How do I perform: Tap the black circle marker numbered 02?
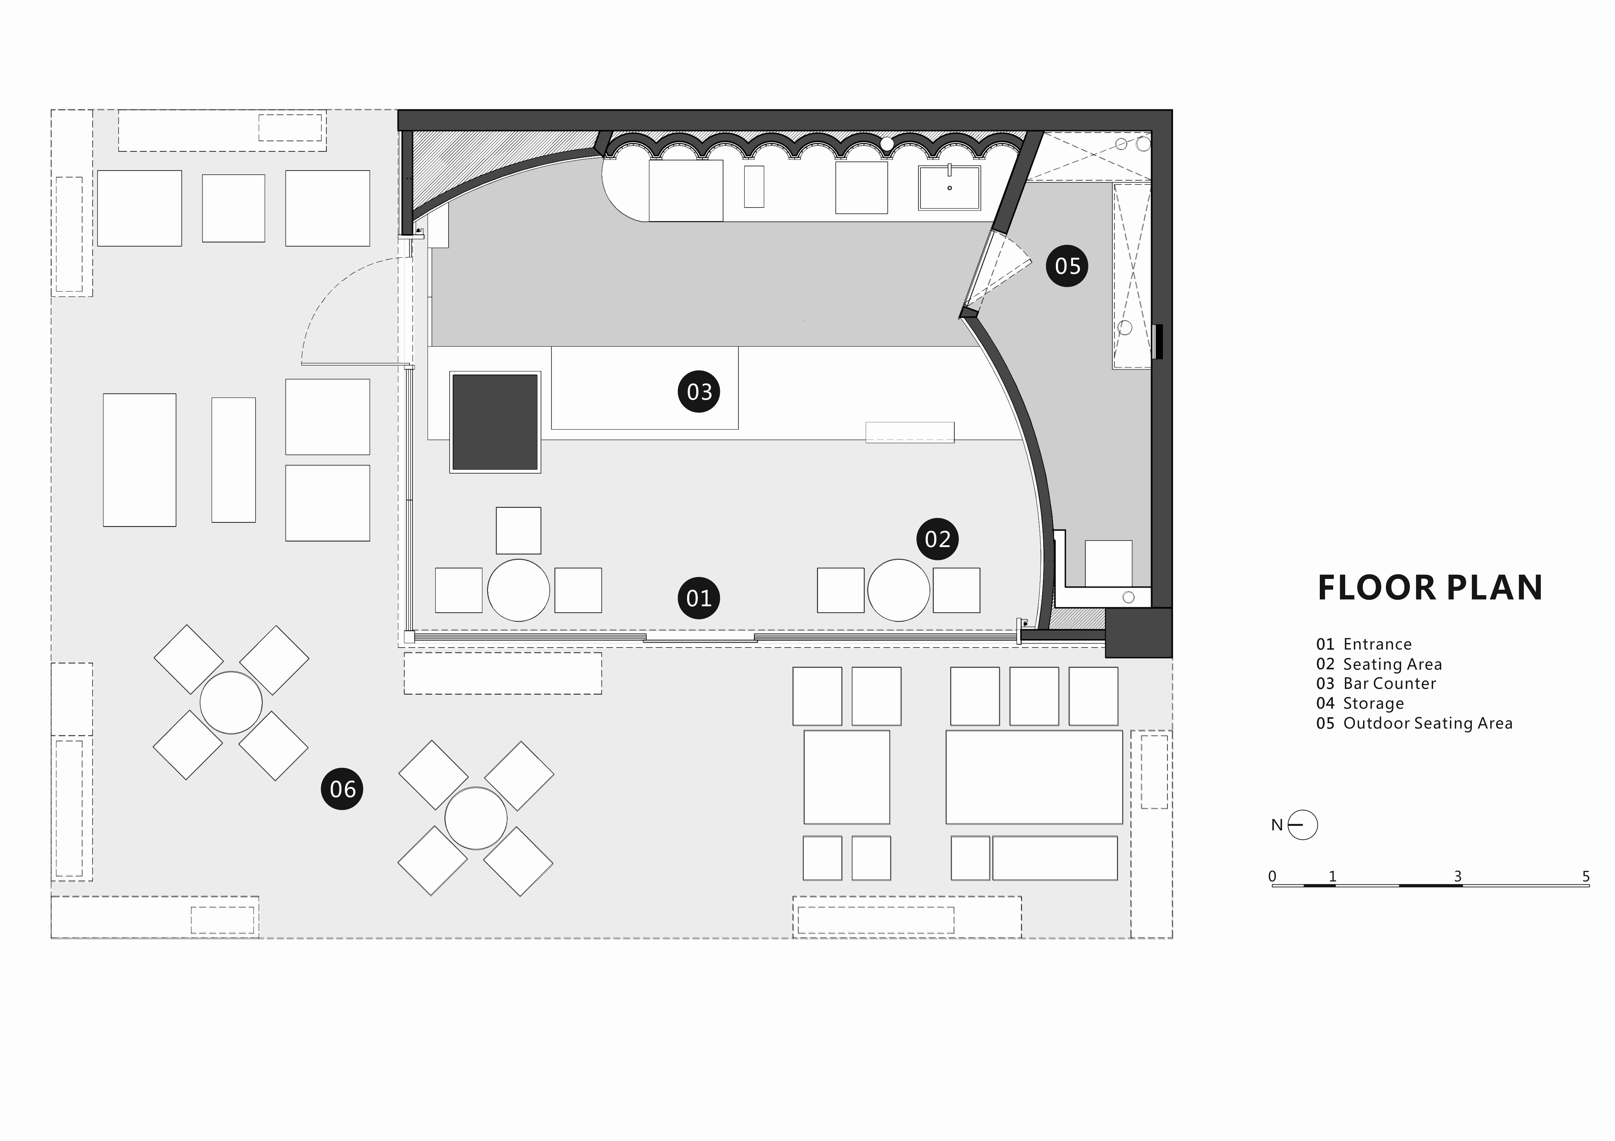pos(938,539)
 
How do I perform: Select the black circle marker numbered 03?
pos(699,392)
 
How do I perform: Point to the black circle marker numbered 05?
pos(1067,266)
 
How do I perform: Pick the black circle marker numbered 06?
pos(342,789)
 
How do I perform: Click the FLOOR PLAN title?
pos(1430,588)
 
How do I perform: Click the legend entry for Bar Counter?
pos(1376,683)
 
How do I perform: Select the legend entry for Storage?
pos(1360,703)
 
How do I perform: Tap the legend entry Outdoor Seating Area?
pos(1414,723)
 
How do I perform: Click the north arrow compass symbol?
pos(1302,825)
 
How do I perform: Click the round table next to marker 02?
pos(898,590)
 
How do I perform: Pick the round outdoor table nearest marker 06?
pos(231,702)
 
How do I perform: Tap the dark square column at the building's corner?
pos(1138,633)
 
